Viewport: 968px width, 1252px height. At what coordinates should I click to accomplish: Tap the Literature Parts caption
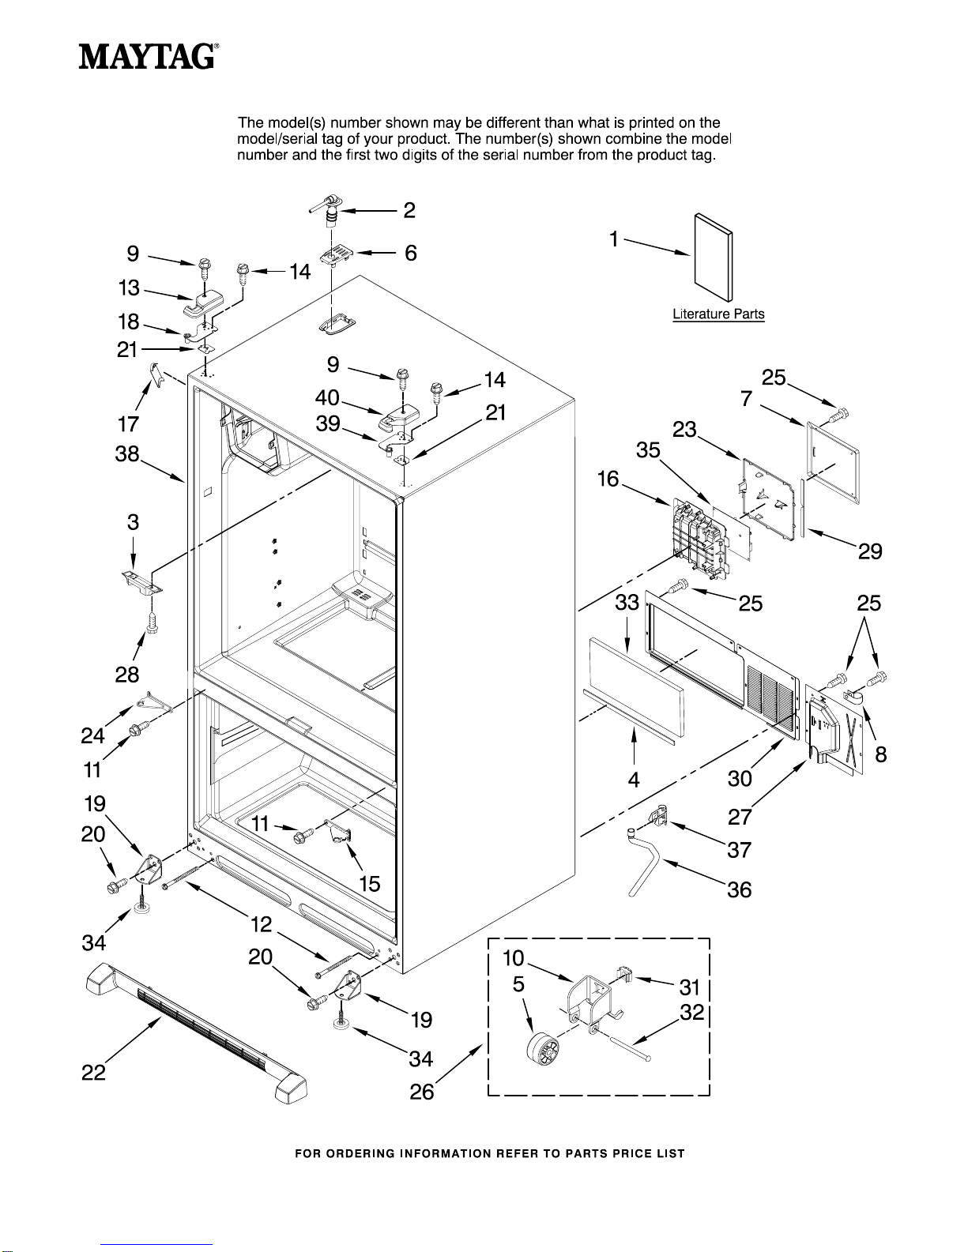pyautogui.click(x=718, y=314)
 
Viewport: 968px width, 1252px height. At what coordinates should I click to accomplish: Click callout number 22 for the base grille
pyautogui.click(x=93, y=1073)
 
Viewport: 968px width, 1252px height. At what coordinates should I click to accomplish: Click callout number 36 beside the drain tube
pyautogui.click(x=740, y=890)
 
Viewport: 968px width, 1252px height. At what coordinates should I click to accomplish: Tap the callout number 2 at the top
pyautogui.click(x=409, y=210)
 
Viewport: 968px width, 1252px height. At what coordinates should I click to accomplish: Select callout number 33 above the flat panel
pyautogui.click(x=627, y=604)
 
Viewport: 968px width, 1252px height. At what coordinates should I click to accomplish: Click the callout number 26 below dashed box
pyautogui.click(x=422, y=1092)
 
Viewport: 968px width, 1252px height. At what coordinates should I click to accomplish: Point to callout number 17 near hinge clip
pyautogui.click(x=128, y=425)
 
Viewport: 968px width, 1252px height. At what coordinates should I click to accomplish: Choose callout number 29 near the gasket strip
pyautogui.click(x=870, y=551)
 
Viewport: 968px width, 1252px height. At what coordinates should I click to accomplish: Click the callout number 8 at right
pyautogui.click(x=881, y=755)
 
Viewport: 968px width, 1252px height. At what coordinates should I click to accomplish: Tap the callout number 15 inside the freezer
pyautogui.click(x=370, y=884)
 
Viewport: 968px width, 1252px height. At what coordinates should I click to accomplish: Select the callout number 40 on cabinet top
pyautogui.click(x=327, y=397)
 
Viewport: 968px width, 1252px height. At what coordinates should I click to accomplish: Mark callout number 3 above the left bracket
pyautogui.click(x=133, y=522)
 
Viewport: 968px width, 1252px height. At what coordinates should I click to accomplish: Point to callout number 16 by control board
pyautogui.click(x=608, y=479)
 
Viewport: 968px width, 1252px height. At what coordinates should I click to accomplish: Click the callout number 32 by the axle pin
pyautogui.click(x=691, y=1013)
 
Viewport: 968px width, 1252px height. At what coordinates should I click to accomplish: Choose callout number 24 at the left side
pyautogui.click(x=92, y=736)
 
